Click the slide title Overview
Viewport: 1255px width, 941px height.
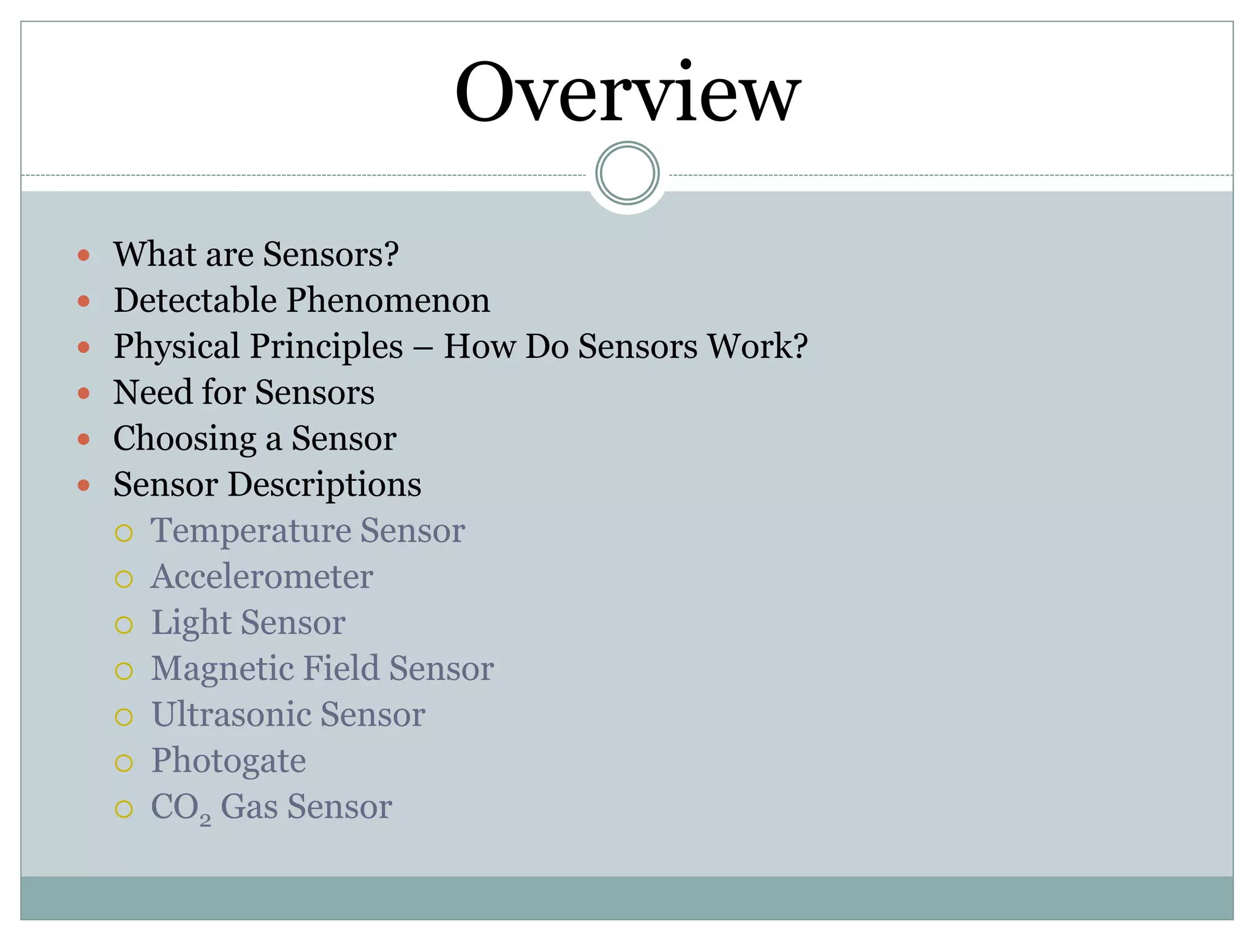tap(627, 92)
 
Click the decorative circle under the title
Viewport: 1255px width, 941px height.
tap(627, 173)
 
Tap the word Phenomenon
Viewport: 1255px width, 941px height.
tap(389, 301)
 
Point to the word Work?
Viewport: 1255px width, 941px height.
tap(757, 346)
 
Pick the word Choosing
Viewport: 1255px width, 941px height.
tap(184, 439)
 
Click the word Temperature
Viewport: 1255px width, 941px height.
tap(251, 531)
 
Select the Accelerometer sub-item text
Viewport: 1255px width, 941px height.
tap(262, 576)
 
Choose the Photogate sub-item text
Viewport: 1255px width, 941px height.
tap(229, 761)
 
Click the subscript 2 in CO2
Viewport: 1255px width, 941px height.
tap(205, 819)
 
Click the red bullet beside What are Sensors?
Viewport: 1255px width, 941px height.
tap(84, 255)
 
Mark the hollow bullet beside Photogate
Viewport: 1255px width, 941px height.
tap(124, 763)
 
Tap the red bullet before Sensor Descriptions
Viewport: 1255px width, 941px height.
tap(84, 486)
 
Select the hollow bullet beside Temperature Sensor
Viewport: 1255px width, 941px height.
tap(124, 533)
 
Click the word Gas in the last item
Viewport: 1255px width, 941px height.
tap(249, 807)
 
